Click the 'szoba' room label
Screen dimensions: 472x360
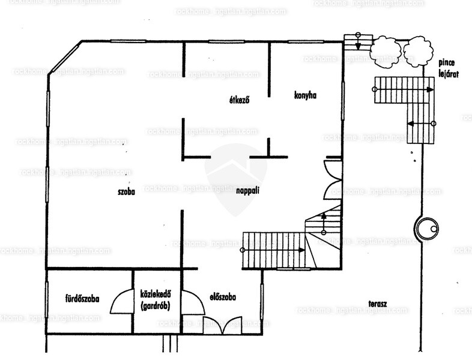coord(126,191)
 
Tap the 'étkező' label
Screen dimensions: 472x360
coord(240,100)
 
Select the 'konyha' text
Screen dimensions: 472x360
coord(305,95)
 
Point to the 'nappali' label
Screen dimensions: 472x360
coord(248,191)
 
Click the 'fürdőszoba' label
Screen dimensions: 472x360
coord(82,299)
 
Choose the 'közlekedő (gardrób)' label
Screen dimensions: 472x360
coord(156,299)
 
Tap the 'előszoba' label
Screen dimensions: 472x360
coord(223,297)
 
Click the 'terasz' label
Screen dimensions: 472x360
coord(378,304)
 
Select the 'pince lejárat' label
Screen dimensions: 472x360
coord(449,68)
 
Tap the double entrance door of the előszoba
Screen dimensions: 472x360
coord(222,325)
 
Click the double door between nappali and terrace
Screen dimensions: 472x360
coord(333,180)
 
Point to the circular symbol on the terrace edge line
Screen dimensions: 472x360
coord(426,228)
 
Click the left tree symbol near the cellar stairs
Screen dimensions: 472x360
coord(386,50)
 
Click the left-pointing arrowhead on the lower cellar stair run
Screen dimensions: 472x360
coord(411,124)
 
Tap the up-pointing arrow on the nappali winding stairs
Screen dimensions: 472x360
coord(324,223)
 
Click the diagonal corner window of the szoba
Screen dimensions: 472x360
coord(65,58)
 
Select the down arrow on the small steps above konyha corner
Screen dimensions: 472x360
coord(358,41)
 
